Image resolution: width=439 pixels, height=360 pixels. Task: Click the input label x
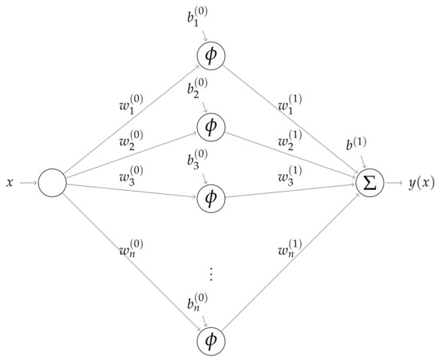(10, 184)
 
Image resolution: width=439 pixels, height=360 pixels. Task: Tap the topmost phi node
(212, 54)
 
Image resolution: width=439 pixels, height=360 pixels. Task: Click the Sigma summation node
(370, 184)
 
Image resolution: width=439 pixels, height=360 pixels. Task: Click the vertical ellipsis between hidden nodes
(212, 274)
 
